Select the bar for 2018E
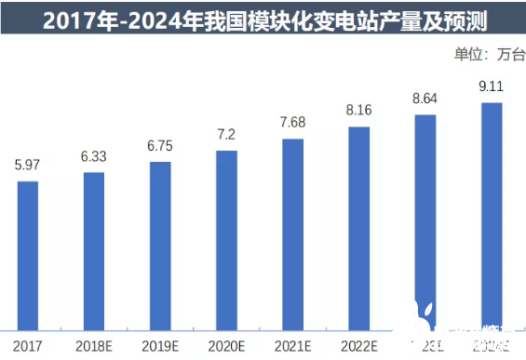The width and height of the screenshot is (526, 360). tap(94, 250)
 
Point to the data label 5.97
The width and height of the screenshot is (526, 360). tap(28, 166)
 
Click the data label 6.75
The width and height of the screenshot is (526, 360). tap(160, 146)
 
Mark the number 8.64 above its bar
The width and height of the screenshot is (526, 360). tap(425, 100)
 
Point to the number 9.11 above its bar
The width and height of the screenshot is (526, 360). tap(492, 87)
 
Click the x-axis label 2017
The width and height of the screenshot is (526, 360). tap(28, 345)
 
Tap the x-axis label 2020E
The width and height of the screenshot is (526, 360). tap(226, 345)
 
